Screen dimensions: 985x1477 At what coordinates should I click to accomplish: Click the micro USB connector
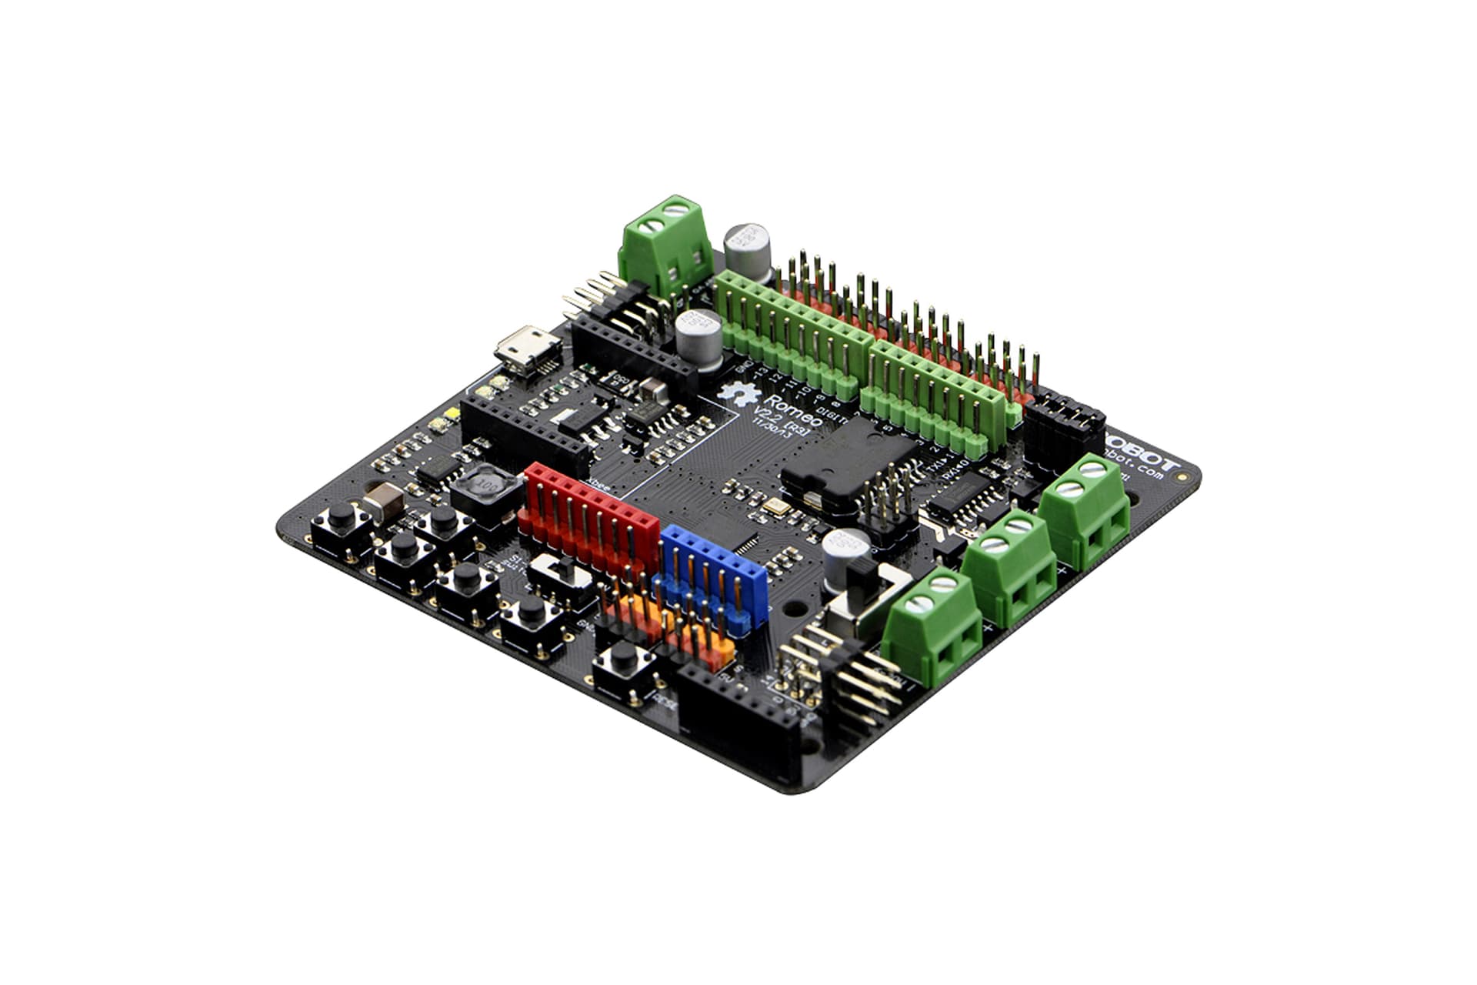point(528,351)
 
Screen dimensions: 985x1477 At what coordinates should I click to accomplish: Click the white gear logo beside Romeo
point(737,393)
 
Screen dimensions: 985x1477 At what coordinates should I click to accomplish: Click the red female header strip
point(588,517)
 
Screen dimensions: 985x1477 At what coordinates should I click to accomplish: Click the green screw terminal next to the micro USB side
point(665,240)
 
